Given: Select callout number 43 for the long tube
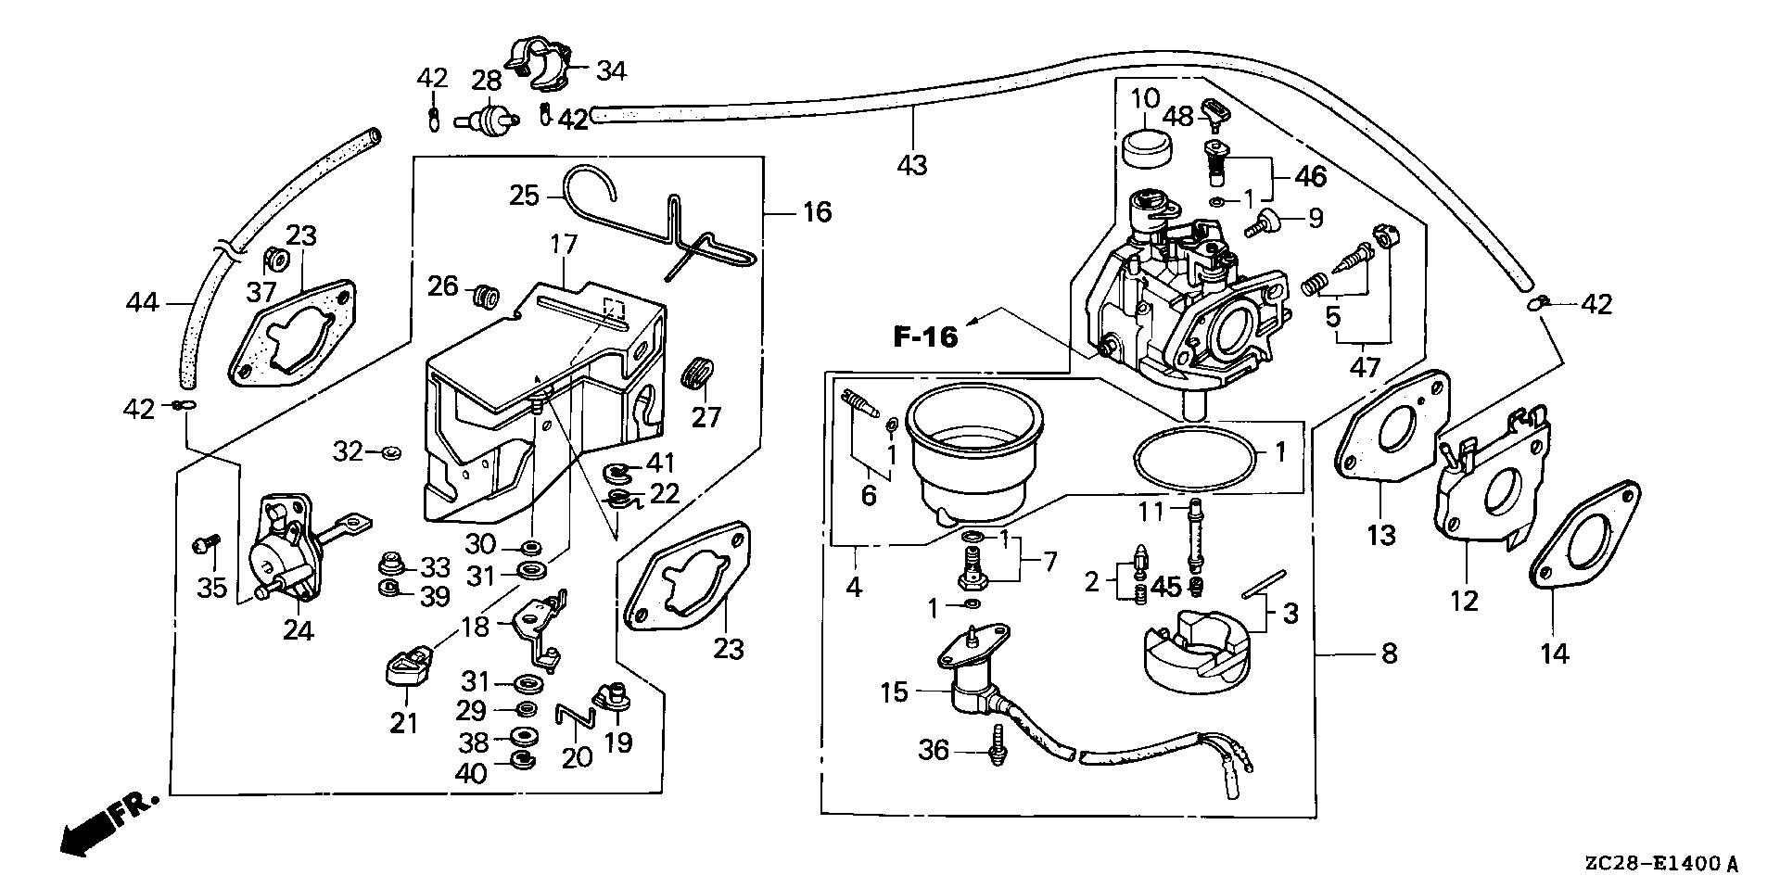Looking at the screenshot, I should coord(912,166).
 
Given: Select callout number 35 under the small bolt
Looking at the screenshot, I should coord(212,588).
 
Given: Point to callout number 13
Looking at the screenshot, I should coord(1381,535).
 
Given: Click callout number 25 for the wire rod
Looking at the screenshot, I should coord(524,196).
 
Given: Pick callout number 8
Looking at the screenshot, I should coord(1388,653).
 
